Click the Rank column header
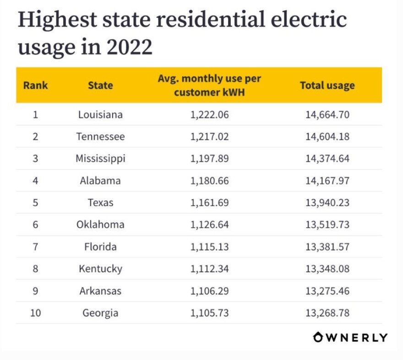click(x=35, y=85)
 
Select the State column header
click(x=100, y=85)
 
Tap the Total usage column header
click(x=327, y=85)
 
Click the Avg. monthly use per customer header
click(x=209, y=85)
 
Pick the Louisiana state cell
click(x=100, y=115)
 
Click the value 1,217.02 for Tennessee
click(x=209, y=136)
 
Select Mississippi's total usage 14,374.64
click(x=327, y=158)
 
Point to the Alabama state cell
click(x=100, y=180)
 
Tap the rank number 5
click(x=35, y=202)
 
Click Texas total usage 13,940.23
click(x=327, y=202)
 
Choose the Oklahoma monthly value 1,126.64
click(x=209, y=224)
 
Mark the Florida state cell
click(x=100, y=247)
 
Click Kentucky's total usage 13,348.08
click(x=327, y=269)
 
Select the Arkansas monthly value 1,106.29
click(x=209, y=291)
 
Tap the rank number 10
click(x=35, y=313)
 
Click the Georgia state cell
click(x=100, y=313)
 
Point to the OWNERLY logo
click(x=350, y=338)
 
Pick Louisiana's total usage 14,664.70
click(x=327, y=115)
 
